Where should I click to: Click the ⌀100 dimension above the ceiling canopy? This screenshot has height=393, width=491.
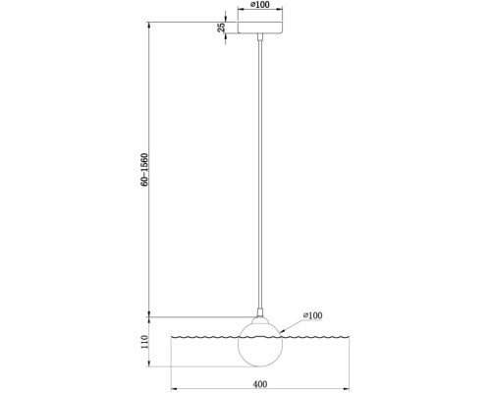tap(260, 5)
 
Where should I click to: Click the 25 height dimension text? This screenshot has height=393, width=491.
tap(222, 28)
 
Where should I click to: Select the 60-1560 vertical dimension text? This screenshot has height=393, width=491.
tap(144, 170)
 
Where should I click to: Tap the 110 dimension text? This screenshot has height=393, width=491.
tap(144, 342)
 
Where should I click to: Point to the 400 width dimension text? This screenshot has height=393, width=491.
tap(260, 384)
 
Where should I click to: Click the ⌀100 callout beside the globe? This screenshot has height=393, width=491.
tap(312, 315)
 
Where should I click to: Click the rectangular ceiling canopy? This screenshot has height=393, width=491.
tap(260, 28)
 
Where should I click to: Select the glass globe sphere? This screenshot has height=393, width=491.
tap(260, 345)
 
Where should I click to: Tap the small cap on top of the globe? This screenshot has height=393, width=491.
tap(260, 320)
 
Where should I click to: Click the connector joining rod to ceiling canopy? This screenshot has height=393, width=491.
tap(260, 36)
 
